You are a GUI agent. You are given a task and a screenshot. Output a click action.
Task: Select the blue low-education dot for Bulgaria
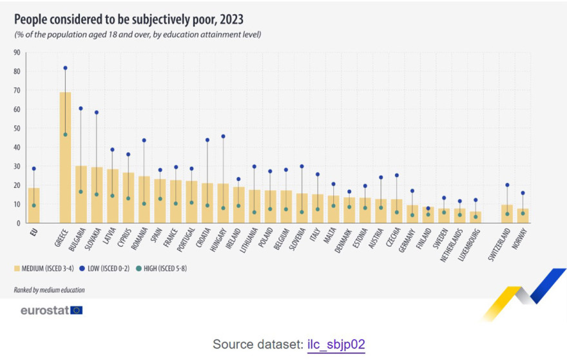pyautogui.click(x=81, y=108)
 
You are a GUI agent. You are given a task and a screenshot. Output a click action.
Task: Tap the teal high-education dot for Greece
pyautogui.click(x=65, y=135)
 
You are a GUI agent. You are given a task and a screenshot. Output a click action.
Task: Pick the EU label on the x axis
pyautogui.click(x=34, y=232)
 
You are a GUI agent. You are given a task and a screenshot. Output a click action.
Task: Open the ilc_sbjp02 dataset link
pyautogui.click(x=335, y=344)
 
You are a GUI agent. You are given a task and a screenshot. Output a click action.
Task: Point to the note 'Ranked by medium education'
pyautogui.click(x=49, y=290)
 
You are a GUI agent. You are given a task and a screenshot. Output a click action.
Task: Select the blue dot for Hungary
pyautogui.click(x=223, y=136)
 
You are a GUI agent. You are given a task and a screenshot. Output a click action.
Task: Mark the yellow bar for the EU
pyautogui.click(x=34, y=205)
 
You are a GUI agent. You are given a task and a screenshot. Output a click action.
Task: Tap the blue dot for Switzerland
pyautogui.click(x=507, y=185)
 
